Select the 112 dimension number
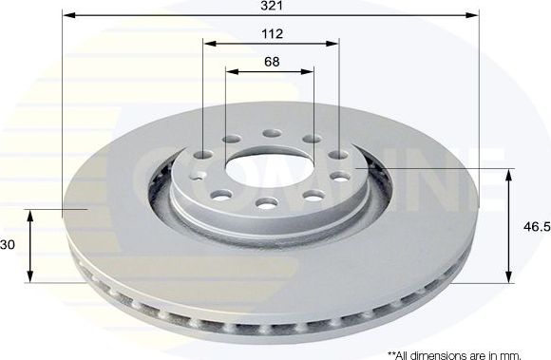tap(273, 33)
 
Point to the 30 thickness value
tap(9, 244)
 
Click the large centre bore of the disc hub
tap(269, 168)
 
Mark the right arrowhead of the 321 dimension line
tap(475, 16)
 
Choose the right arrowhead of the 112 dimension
tap(334, 44)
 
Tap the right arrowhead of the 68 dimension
tap(310, 70)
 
